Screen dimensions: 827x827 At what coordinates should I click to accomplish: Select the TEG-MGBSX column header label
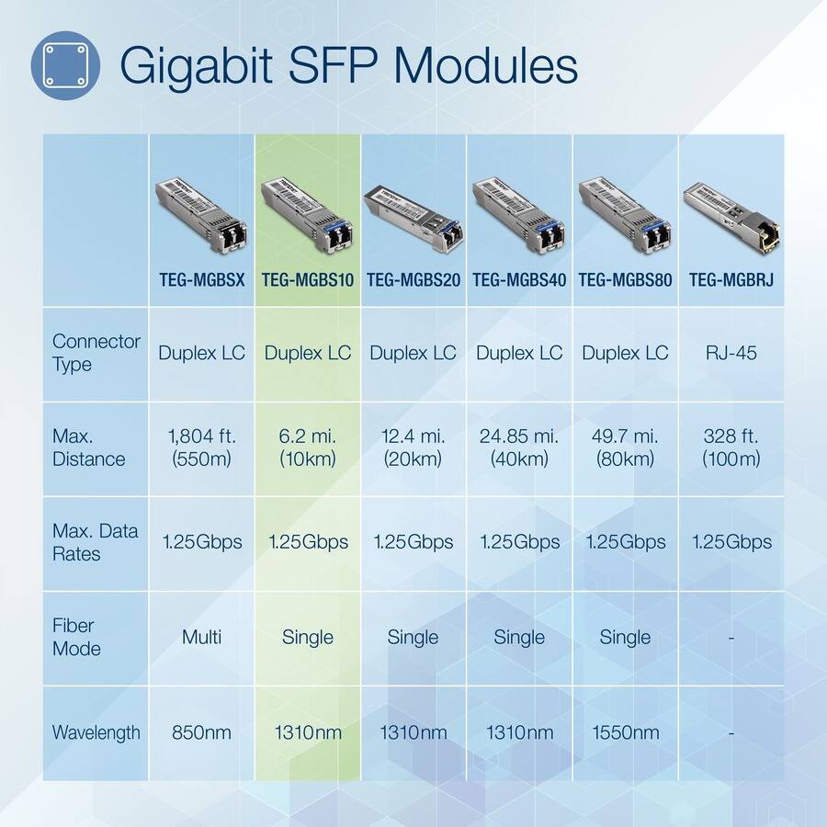tap(201, 280)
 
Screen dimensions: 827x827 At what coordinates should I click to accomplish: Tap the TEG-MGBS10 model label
tap(308, 280)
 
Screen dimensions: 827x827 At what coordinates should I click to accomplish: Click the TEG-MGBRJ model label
tap(731, 280)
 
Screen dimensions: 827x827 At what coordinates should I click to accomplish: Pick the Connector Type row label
tap(96, 353)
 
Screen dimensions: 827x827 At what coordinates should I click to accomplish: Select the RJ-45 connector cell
tap(731, 353)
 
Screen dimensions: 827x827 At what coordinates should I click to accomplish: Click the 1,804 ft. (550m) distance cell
tap(201, 447)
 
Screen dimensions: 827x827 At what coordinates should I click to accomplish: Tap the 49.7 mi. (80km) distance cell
tap(625, 447)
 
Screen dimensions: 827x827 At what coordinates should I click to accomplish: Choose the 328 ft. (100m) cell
tap(731, 447)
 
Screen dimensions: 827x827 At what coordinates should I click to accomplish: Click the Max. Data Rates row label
tap(96, 542)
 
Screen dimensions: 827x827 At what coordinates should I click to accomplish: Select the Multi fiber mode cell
tap(201, 637)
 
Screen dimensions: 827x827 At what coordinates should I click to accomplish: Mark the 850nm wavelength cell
tap(201, 732)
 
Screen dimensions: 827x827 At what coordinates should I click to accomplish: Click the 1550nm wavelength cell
tap(625, 732)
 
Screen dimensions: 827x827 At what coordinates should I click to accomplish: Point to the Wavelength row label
tap(96, 732)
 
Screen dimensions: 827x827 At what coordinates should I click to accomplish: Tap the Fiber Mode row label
tap(76, 637)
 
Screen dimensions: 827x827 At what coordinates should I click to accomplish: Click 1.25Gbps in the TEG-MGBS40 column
tap(519, 542)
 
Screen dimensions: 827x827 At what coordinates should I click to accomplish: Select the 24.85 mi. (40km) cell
tap(519, 447)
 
